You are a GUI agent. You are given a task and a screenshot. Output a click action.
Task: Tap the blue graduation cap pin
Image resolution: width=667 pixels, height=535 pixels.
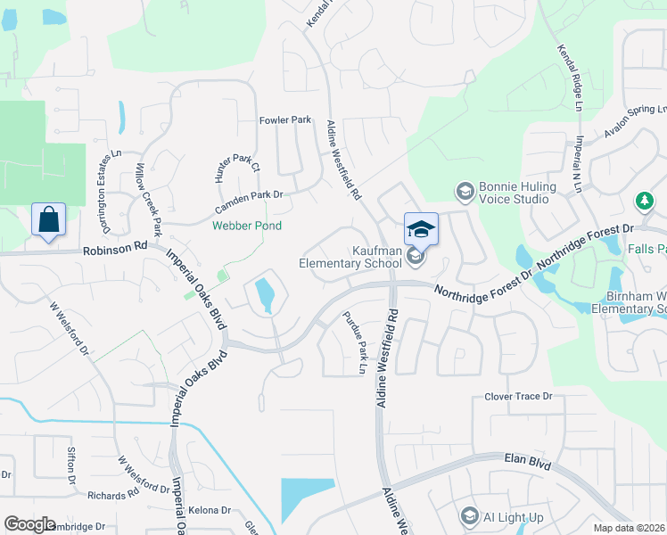click(421, 230)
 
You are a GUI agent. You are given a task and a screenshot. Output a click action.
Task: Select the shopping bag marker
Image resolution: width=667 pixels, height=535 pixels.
click(49, 218)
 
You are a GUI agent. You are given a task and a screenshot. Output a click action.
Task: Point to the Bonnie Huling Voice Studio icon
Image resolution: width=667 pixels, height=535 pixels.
click(465, 192)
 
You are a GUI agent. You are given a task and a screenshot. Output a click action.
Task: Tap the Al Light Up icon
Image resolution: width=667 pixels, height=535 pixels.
click(470, 516)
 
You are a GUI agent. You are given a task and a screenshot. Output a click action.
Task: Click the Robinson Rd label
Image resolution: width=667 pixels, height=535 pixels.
click(115, 250)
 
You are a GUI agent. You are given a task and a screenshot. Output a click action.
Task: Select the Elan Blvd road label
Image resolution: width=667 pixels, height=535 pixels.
click(526, 463)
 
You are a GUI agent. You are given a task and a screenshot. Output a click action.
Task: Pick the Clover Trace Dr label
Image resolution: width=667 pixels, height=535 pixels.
click(518, 397)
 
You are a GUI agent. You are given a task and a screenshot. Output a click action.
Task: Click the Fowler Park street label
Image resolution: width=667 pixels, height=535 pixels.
click(284, 119)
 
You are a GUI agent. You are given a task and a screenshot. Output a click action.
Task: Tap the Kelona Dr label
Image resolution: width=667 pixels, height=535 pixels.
click(210, 511)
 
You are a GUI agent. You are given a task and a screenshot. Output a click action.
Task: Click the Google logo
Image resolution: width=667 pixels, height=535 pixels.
click(29, 524)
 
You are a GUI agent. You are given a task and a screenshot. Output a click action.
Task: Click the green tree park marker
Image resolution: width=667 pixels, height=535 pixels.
click(644, 202)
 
